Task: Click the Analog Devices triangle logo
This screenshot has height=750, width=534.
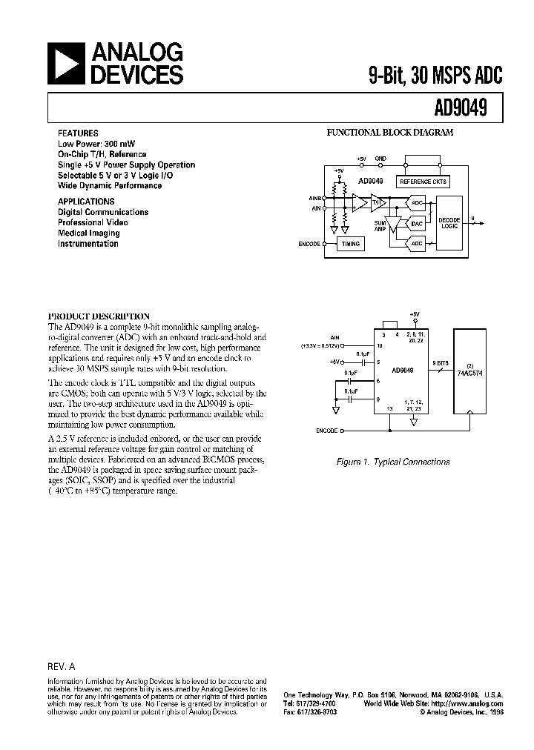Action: point(67,63)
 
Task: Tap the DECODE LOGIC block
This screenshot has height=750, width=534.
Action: point(449,223)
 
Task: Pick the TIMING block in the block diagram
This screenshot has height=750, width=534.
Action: point(350,243)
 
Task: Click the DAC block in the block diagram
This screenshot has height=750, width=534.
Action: point(417,223)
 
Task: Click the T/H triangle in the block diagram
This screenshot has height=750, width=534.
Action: point(378,202)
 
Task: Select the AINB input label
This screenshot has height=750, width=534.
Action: point(314,199)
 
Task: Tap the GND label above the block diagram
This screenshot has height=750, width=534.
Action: point(380,159)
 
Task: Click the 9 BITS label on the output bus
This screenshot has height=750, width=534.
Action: point(441,362)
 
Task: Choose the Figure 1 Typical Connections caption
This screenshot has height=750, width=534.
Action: point(393,462)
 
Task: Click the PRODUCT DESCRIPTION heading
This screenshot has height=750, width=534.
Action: point(99,316)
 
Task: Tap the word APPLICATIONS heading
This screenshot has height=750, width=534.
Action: point(86,201)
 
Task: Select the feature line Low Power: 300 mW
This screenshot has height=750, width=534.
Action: point(96,144)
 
